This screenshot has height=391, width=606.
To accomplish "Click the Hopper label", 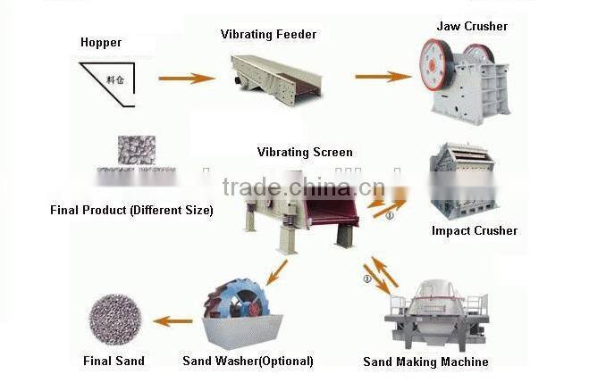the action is pyautogui.click(x=100, y=42).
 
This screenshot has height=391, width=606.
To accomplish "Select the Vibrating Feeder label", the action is pyautogui.click(x=268, y=35).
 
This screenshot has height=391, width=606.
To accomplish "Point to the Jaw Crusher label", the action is pyautogui.click(x=472, y=26).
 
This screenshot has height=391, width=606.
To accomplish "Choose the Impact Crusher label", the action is pyautogui.click(x=474, y=230).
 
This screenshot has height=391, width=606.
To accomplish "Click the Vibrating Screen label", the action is pyautogui.click(x=305, y=153).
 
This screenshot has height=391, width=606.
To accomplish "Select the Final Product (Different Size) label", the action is pyautogui.click(x=131, y=211).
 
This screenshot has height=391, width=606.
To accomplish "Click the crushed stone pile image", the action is pyautogui.click(x=136, y=154).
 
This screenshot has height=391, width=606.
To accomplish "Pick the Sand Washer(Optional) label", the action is pyautogui.click(x=248, y=361).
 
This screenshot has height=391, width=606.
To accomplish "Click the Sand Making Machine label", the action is pyautogui.click(x=425, y=362).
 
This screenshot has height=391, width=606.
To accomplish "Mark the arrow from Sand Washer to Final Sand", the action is pyautogui.click(x=173, y=321).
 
